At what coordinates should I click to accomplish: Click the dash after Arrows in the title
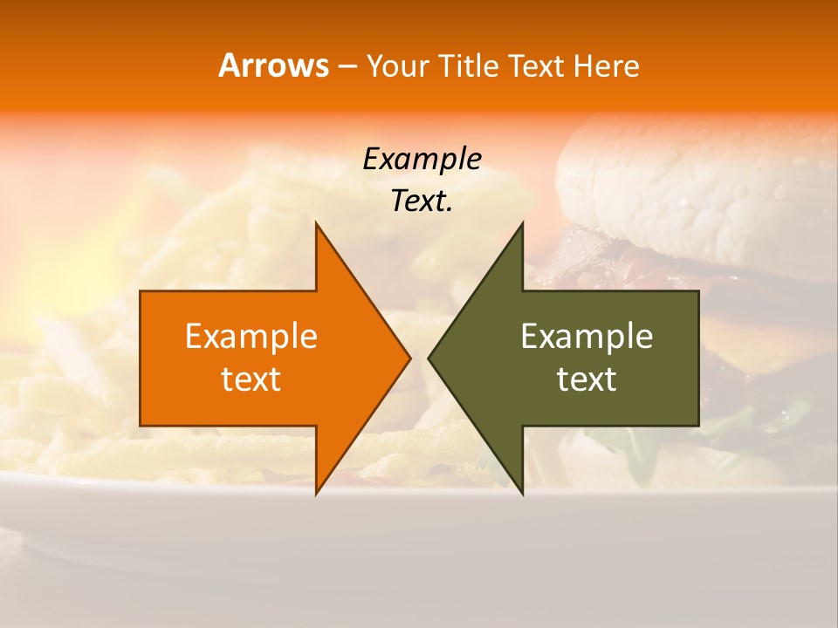point(347,67)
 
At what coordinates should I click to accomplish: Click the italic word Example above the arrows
point(422,160)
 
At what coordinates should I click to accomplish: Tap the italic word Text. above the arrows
point(422,201)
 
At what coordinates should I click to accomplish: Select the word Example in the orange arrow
point(251,337)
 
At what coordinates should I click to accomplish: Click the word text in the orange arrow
point(251,379)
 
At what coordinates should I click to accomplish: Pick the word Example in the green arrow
point(587,337)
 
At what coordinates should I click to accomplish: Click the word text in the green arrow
point(587,379)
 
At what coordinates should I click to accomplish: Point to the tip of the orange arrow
point(409,358)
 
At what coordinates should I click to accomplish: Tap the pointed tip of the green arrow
point(429,358)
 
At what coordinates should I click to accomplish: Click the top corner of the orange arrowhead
point(317,224)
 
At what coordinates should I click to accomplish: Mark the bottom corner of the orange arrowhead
point(317,493)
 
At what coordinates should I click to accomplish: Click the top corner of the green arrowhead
point(522,224)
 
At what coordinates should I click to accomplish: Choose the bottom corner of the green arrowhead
point(522,493)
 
